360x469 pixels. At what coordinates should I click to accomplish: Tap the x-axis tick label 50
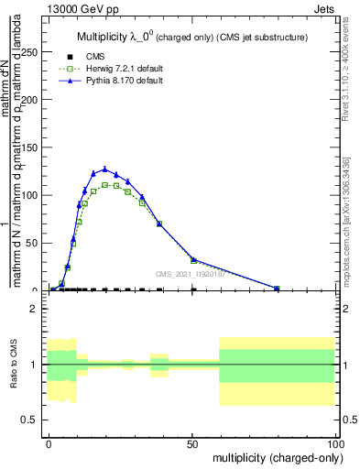pos(191,442)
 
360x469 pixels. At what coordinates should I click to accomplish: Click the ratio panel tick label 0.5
pos(30,420)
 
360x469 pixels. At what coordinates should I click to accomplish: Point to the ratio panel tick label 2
pos(35,309)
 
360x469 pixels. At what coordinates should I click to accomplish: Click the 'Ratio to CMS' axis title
pos(14,365)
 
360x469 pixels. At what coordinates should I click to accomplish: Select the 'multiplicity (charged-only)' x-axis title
pos(273,456)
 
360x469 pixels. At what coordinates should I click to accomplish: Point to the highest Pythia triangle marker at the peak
pos(105,169)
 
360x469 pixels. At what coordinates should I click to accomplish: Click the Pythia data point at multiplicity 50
pos(192,260)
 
